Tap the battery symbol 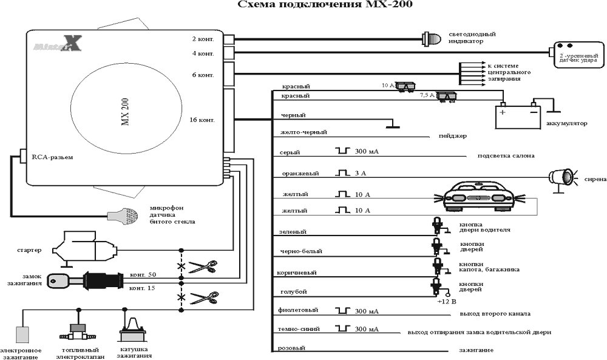pyautogui.click(x=518, y=116)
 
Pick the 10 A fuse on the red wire pyautogui.click(x=405, y=87)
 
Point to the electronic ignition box pyautogui.click(x=23, y=335)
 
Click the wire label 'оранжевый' pyautogui.click(x=300, y=174)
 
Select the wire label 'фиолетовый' pyautogui.click(x=297, y=311)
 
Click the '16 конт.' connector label pyautogui.click(x=203, y=120)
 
